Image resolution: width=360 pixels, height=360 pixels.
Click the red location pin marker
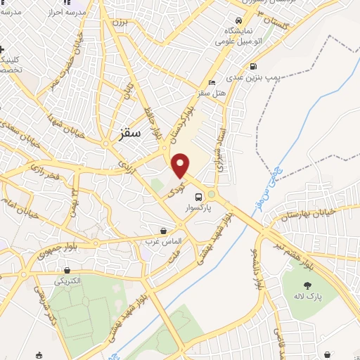pos(181,165)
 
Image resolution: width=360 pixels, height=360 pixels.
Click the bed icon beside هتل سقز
pos(212,82)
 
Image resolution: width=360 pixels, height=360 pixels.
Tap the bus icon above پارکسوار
pos(198,197)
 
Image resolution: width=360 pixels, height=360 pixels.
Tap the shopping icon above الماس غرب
pos(164,230)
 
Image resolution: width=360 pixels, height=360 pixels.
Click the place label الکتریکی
pos(69,281)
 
